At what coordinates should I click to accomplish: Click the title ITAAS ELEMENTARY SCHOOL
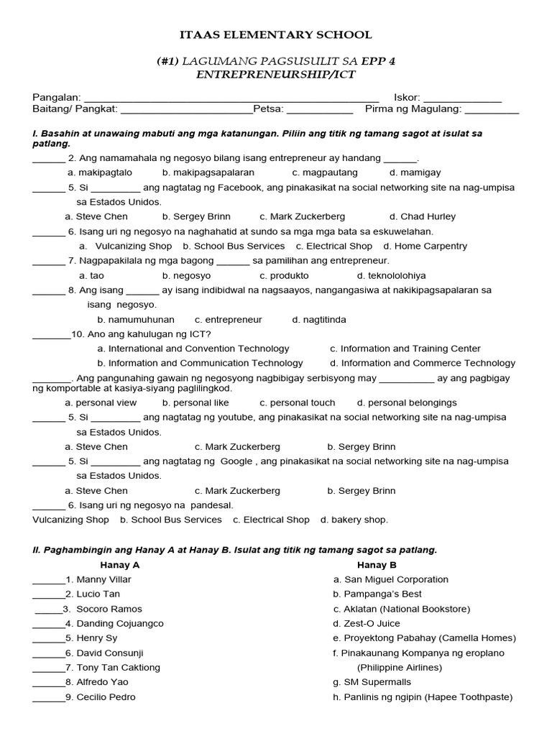click(x=275, y=34)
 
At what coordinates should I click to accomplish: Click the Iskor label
click(x=407, y=97)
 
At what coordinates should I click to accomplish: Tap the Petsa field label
click(x=269, y=109)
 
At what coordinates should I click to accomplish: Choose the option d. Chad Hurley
click(x=422, y=216)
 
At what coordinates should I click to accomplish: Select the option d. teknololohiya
click(x=391, y=275)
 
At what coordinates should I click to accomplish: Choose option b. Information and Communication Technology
click(x=200, y=363)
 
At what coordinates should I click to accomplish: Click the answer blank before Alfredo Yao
click(x=48, y=682)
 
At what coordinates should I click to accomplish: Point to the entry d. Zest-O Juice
click(x=375, y=623)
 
